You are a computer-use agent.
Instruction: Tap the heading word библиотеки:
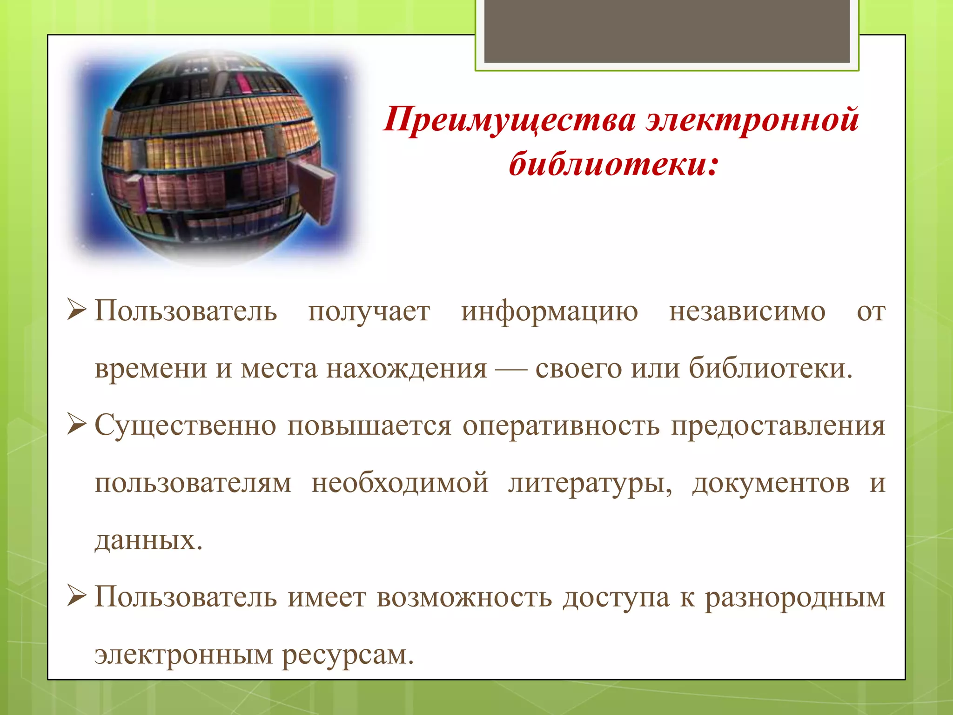point(614,164)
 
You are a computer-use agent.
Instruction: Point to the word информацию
point(550,312)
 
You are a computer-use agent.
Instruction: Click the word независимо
point(747,312)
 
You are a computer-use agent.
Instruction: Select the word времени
point(151,369)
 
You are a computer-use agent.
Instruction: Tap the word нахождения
point(406,369)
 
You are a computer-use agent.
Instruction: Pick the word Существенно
point(185,426)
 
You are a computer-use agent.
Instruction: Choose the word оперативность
point(561,426)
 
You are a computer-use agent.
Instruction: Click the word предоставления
point(778,426)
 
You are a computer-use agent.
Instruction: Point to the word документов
point(771,483)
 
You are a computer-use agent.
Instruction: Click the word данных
point(148,541)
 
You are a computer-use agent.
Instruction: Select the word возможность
point(464,598)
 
